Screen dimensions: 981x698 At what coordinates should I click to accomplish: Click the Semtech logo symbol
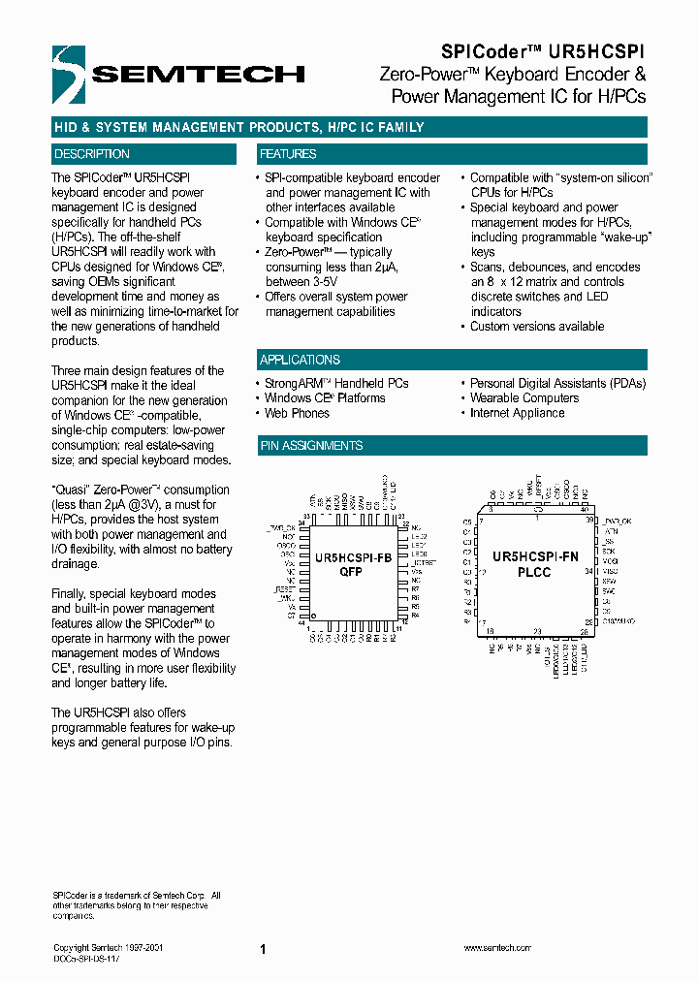pyautogui.click(x=69, y=74)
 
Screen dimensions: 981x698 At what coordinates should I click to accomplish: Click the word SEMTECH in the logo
pyautogui.click(x=198, y=75)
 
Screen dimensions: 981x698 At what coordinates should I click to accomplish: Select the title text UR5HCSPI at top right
pyautogui.click(x=599, y=50)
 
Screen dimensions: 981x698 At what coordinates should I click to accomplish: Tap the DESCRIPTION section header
pyautogui.click(x=92, y=154)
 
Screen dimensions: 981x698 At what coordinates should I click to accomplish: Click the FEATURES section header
pyautogui.click(x=288, y=154)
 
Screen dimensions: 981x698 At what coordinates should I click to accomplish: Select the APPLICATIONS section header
pyautogui.click(x=300, y=360)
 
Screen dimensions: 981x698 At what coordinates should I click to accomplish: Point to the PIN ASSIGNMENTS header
pyautogui.click(x=311, y=446)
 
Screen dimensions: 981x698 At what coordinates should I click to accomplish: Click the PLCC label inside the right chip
pyautogui.click(x=534, y=572)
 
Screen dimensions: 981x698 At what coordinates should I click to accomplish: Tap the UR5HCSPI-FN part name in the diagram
pyautogui.click(x=535, y=557)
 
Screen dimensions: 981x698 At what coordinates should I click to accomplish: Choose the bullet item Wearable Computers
pyautogui.click(x=523, y=398)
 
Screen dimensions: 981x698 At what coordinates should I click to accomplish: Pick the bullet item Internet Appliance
pyautogui.click(x=517, y=413)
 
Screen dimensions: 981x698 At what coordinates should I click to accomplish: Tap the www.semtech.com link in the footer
pyautogui.click(x=495, y=948)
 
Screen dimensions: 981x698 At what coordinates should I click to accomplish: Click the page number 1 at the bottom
pyautogui.click(x=263, y=950)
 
